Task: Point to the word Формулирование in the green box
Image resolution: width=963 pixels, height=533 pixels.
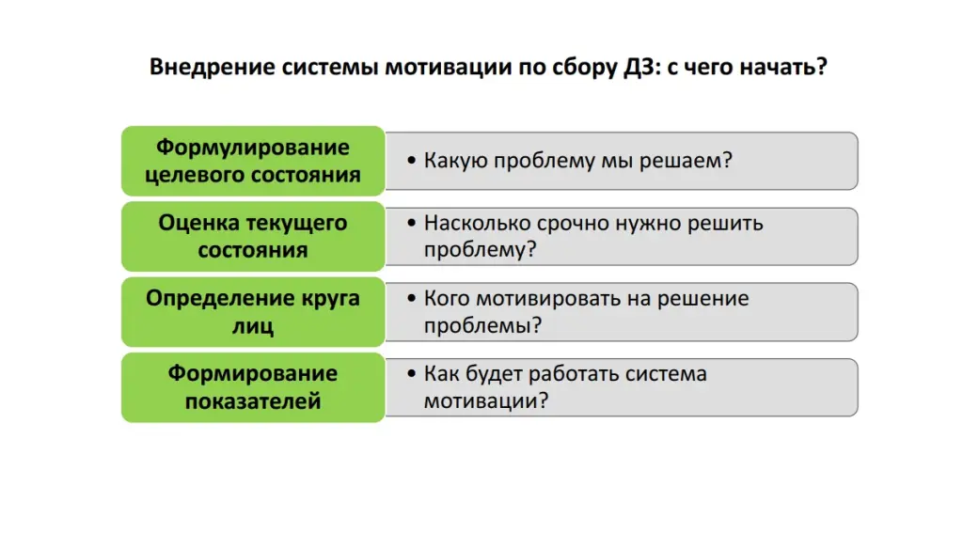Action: pos(253,148)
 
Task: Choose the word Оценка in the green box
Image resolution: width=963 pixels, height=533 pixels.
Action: pos(198,223)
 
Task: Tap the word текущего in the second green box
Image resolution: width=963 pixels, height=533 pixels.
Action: pos(296,223)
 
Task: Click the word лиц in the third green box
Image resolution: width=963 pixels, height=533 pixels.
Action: pos(253,326)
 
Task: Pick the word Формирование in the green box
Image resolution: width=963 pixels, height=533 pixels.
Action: pos(253,373)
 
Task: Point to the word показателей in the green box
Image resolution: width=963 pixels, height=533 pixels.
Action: pos(253,401)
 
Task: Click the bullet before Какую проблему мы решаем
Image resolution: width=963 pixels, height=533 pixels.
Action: pos(414,161)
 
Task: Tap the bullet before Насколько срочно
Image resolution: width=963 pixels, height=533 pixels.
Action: pos(414,225)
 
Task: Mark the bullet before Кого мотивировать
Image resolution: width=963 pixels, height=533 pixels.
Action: pos(414,300)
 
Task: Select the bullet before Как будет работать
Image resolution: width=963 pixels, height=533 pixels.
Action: pos(414,375)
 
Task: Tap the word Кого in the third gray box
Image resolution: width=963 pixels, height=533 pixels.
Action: pos(448,299)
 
